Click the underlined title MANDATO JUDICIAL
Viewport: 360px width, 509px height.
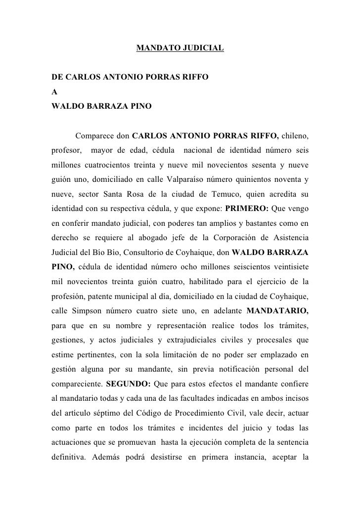pos(180,49)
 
